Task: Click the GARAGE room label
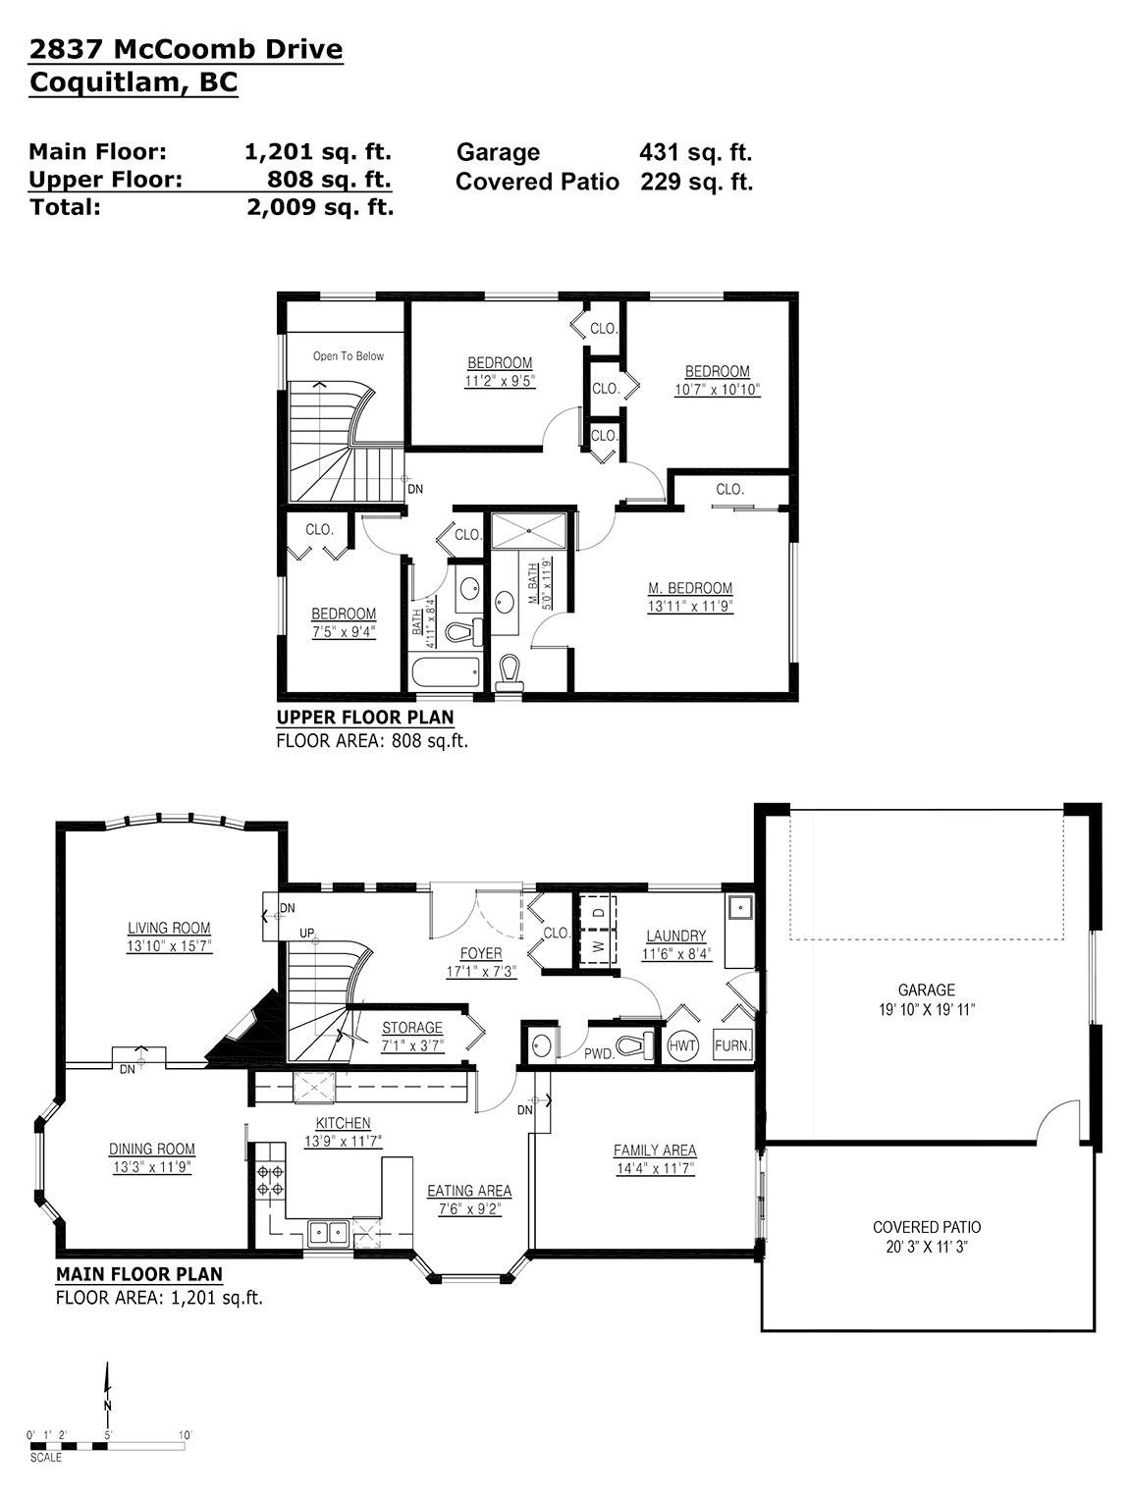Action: [927, 989]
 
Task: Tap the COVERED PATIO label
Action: [927, 1227]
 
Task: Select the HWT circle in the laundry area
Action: [682, 1044]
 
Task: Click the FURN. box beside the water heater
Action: [732, 1044]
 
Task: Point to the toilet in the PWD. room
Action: [634, 1044]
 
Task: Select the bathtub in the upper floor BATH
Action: [445, 672]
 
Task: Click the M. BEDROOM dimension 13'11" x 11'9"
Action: [690, 606]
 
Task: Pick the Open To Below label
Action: [349, 355]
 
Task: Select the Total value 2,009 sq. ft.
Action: [320, 207]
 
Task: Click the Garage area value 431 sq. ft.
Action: [695, 152]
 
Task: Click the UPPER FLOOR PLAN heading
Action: [365, 718]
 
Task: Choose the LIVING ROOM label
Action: [169, 928]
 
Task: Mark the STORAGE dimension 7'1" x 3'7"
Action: [412, 1044]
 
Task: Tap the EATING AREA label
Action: [469, 1191]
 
